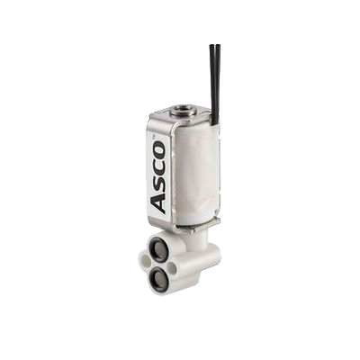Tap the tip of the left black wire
pyautogui.click(x=211, y=46)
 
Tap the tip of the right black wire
pyautogui.click(x=217, y=46)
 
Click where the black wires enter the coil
pyautogui.click(x=215, y=122)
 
